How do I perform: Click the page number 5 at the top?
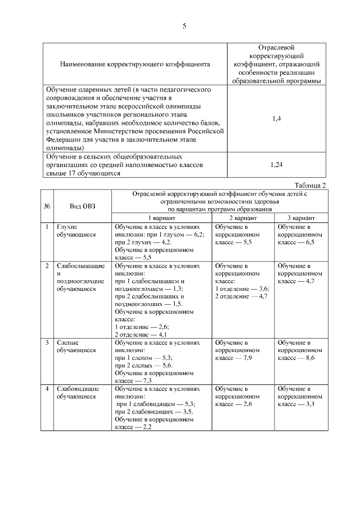184,26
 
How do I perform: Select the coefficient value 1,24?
276,165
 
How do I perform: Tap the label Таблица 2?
310,185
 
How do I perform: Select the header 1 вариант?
161,218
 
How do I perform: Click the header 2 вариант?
243,218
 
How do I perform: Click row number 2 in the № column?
47,265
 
